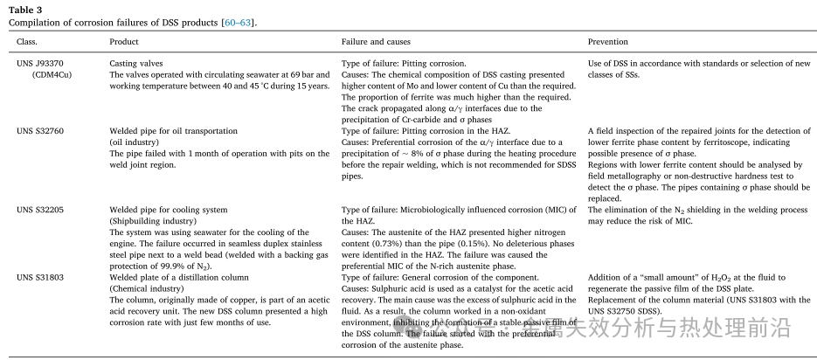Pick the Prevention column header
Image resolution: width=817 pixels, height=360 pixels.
[608, 42]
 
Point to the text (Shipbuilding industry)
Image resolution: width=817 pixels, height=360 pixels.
[153, 221]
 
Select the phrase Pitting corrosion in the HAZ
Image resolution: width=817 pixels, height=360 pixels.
[455, 131]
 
